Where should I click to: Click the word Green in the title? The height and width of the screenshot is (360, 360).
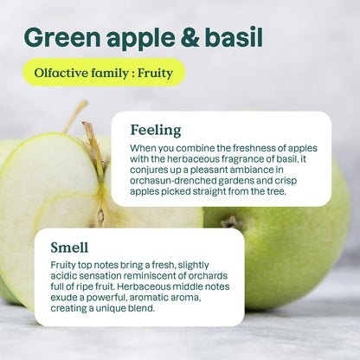coord(62,37)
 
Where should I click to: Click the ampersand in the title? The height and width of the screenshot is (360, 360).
coord(183,37)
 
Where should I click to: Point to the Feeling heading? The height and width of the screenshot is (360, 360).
coord(156,130)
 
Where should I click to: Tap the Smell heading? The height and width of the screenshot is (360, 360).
coord(69,247)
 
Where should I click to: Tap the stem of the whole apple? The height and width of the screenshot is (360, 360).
coord(231,222)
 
